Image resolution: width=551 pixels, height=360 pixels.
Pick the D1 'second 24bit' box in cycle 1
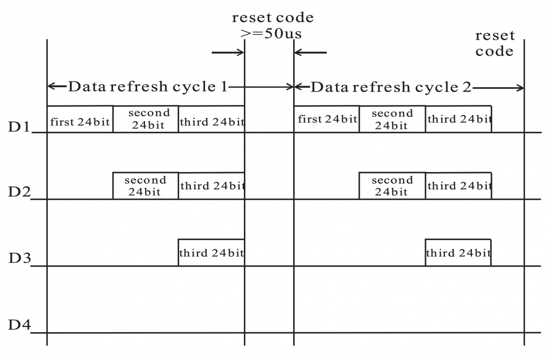point(146,119)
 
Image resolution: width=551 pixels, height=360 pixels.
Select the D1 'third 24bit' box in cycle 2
point(458,119)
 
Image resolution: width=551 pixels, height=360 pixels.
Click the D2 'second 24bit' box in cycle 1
point(146,186)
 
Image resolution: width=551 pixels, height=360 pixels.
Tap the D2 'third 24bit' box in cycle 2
point(458,186)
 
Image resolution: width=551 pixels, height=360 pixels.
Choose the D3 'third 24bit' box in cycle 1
point(211,253)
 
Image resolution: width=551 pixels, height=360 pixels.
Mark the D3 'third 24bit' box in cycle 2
point(458,253)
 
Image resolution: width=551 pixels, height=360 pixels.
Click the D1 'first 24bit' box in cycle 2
point(326,119)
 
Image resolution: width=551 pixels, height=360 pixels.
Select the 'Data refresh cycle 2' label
point(390,87)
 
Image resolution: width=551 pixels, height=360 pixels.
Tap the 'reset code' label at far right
point(495,43)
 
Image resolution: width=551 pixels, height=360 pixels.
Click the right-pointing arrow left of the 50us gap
point(228,52)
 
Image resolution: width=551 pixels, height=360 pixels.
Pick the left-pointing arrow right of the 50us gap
point(310,52)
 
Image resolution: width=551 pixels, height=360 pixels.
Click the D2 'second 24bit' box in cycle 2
point(392,186)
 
